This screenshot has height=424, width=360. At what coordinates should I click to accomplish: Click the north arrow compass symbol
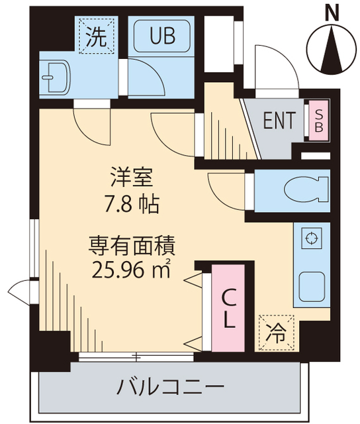click(x=331, y=48)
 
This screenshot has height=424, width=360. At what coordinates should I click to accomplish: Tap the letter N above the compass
click(x=332, y=11)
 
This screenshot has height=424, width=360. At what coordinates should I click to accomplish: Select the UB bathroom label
click(x=162, y=36)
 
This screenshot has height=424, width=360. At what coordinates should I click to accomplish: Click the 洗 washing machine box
click(x=97, y=36)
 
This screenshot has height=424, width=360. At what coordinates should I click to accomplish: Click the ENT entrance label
click(x=279, y=121)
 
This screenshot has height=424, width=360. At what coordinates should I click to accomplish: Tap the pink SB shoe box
click(x=317, y=121)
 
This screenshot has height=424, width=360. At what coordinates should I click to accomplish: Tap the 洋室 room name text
click(x=132, y=178)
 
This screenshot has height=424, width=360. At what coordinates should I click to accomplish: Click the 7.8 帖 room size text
click(x=132, y=203)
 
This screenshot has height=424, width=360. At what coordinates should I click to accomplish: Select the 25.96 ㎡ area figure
click(x=132, y=271)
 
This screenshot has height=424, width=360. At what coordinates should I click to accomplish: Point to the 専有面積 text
click(x=132, y=247)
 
